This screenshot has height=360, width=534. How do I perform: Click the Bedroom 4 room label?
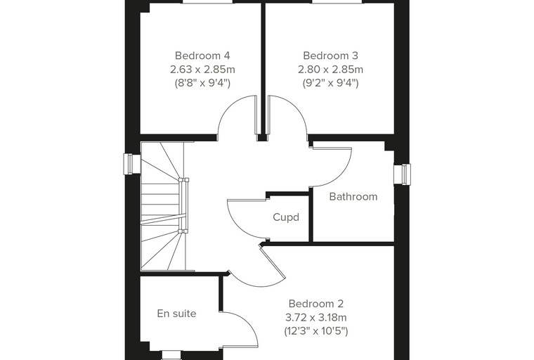click(x=202, y=56)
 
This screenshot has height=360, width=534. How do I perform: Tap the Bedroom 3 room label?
click(x=330, y=56)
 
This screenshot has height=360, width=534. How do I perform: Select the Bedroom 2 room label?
click(x=316, y=304)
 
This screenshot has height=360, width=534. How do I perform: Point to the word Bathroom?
click(x=353, y=197)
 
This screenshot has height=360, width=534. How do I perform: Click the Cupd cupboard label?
click(x=286, y=217)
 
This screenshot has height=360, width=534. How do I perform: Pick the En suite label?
click(x=177, y=314)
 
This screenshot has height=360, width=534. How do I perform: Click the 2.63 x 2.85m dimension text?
click(x=202, y=69)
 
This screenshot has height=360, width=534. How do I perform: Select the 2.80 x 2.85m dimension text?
click(x=331, y=69)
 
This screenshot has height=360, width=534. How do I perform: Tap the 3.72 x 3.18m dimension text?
click(x=316, y=317)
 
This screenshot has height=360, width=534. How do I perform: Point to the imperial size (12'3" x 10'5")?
click(x=316, y=331)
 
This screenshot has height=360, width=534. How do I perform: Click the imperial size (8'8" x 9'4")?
click(x=202, y=83)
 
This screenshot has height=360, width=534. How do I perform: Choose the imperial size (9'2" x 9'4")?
click(x=331, y=83)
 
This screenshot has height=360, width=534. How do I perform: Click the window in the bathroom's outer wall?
click(x=402, y=174)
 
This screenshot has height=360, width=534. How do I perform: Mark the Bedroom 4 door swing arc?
click(x=228, y=106)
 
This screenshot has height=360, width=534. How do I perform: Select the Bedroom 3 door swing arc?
click(x=297, y=106)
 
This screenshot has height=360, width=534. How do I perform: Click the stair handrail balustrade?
click(x=184, y=205)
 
